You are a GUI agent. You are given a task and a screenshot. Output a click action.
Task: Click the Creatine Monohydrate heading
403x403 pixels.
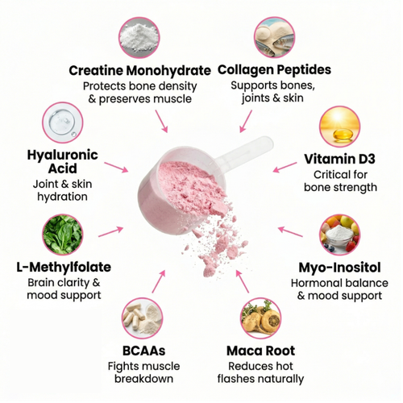(139, 71)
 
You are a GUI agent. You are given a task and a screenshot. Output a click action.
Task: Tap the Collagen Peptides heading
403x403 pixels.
(274, 70)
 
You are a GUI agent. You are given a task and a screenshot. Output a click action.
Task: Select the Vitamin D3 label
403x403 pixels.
(339, 159)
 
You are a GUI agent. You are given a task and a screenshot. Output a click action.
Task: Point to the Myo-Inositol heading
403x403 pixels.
(339, 268)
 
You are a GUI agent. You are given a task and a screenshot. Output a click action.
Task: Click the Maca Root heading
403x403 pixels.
(260, 351)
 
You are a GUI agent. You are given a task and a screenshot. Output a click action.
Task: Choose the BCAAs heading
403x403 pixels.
(143, 351)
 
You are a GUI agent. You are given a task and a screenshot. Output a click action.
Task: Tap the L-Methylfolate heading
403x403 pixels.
(64, 267)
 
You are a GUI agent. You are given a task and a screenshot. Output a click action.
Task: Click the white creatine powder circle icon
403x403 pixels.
(139, 38)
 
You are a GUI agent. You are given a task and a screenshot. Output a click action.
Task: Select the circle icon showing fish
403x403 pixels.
(274, 37)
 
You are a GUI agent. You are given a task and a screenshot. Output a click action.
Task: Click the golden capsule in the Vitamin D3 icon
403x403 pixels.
(343, 135)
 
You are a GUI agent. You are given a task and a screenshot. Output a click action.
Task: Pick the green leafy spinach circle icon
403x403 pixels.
(63, 235)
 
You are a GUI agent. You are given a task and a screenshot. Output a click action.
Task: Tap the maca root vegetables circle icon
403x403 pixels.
(260, 318)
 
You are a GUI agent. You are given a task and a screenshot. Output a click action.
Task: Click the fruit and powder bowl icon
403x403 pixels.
(339, 235)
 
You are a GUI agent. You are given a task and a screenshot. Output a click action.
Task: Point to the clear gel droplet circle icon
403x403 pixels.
(63, 123)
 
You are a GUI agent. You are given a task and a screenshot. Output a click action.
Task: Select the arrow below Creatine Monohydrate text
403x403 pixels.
(161, 121)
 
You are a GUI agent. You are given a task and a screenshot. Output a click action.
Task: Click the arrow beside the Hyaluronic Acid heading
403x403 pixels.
(116, 168)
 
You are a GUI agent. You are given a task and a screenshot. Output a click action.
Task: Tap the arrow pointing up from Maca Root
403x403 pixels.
(243, 281)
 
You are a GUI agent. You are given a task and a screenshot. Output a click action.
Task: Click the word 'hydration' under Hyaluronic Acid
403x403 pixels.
(62, 197)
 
